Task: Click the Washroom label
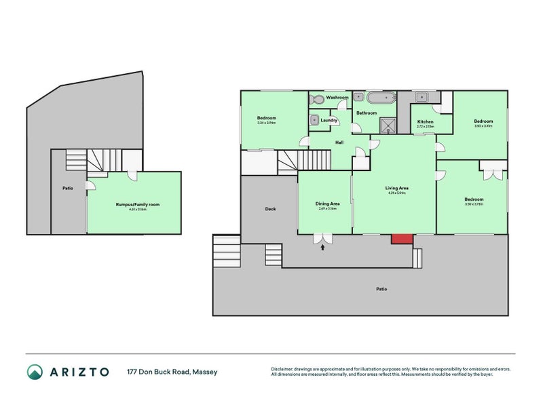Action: pyautogui.click(x=337, y=98)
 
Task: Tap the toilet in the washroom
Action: pyautogui.click(x=316, y=99)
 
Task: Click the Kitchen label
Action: pyautogui.click(x=424, y=121)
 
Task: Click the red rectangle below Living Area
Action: pyautogui.click(x=402, y=238)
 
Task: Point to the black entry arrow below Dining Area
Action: pyautogui.click(x=322, y=248)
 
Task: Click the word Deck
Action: pyautogui.click(x=269, y=209)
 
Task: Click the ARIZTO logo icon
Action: pyautogui.click(x=35, y=372)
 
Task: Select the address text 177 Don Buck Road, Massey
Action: pyautogui.click(x=172, y=372)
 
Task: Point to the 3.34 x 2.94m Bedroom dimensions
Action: pyautogui.click(x=266, y=123)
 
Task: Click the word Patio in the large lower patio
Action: pyautogui.click(x=381, y=289)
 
